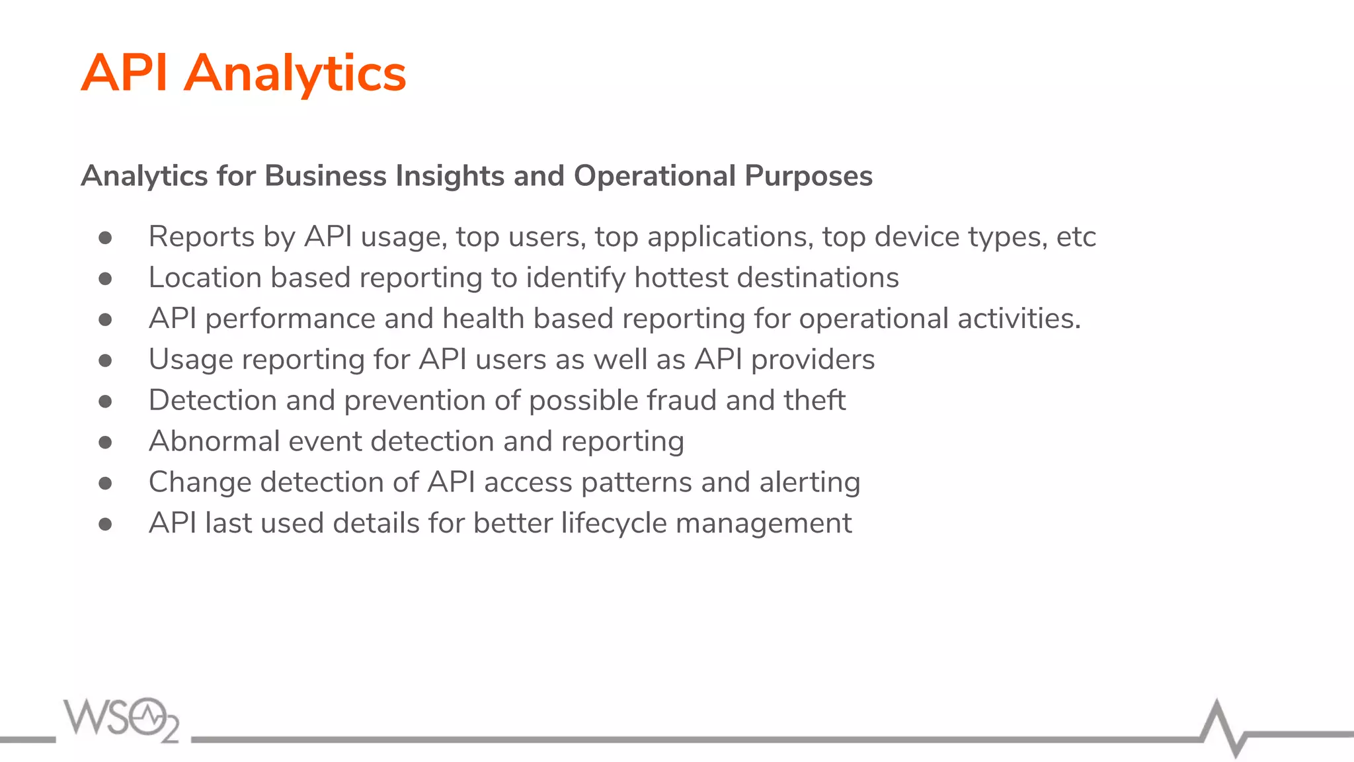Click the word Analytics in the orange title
point(295,73)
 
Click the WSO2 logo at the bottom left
point(122,720)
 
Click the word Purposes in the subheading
point(808,176)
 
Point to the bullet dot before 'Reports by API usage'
point(105,237)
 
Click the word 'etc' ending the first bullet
point(1076,237)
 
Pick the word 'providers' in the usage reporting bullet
point(813,360)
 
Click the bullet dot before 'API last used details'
point(105,525)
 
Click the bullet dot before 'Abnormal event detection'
point(105,443)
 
